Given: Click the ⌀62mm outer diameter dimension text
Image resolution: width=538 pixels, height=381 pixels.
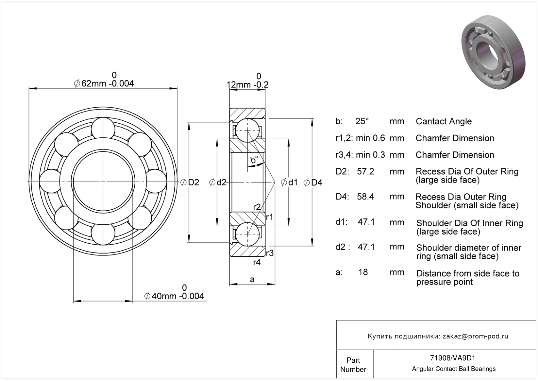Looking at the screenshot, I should pos(104,84).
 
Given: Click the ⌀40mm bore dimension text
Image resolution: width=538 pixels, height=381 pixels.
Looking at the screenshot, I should pos(174,296).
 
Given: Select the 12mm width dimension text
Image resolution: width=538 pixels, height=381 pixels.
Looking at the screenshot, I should pos(247,85).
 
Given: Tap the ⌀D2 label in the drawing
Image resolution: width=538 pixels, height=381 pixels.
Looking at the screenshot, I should pos(190,182).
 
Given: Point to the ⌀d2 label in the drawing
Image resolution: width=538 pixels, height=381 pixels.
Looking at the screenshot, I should pos(218,182).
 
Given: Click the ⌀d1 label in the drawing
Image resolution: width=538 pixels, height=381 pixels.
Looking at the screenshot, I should pos(289,182).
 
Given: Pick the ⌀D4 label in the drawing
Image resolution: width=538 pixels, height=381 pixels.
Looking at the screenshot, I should pos(313,182).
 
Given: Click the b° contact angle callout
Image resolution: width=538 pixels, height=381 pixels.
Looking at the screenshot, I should pos(254,160).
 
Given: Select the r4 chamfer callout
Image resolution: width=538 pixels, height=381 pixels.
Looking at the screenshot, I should pos(257,262).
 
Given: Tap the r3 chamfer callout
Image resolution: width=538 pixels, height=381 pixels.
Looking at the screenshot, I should pos(270,253).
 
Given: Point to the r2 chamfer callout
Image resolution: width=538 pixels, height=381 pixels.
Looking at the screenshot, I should pos(257,207).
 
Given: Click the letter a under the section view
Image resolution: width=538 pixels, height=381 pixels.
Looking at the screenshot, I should pos(252,279).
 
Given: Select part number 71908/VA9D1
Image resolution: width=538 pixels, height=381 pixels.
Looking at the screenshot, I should pos(453,358).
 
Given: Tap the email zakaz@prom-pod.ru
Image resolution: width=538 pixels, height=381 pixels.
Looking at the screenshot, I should pos(475,336).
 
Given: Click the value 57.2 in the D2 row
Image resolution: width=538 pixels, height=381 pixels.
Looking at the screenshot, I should pos(365,172).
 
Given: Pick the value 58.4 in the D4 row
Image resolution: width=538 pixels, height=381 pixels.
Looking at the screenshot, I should pos(365,197).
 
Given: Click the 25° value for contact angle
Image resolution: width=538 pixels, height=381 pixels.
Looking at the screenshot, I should pos(362,121).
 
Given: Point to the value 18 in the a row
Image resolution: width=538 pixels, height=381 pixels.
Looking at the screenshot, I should pos(363,272).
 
